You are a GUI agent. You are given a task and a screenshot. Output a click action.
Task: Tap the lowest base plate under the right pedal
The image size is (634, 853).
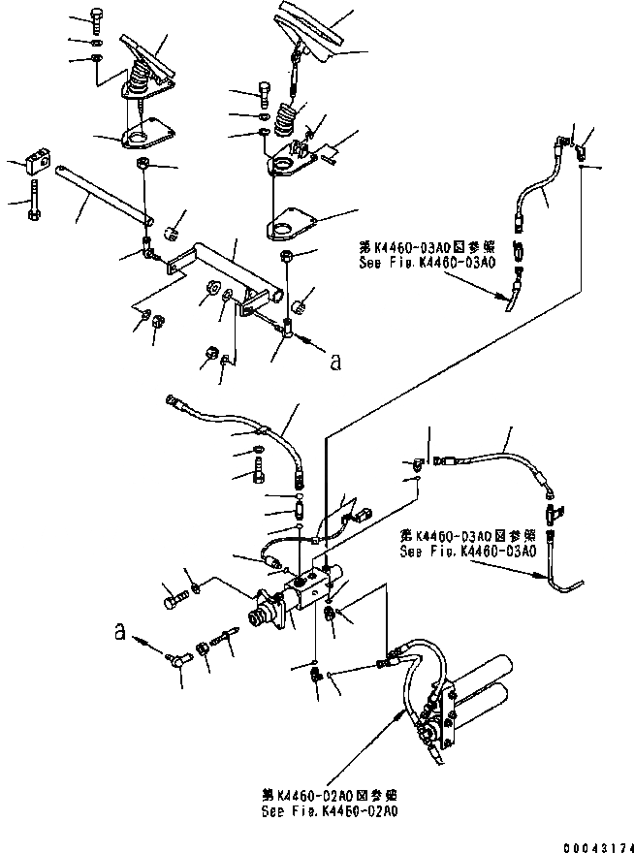pyautogui.click(x=291, y=225)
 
